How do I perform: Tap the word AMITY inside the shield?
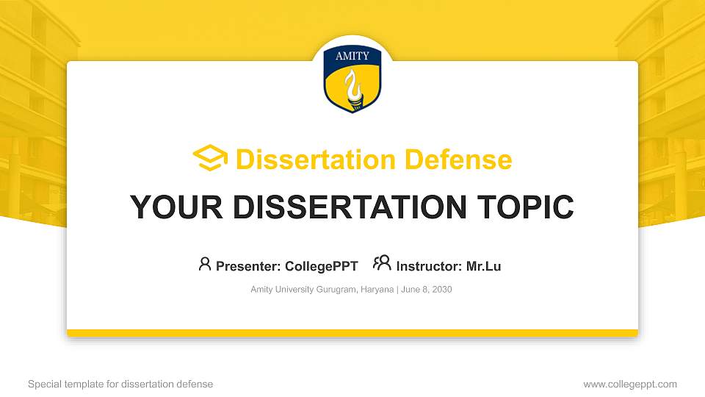pyautogui.click(x=352, y=56)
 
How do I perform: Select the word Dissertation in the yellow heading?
pyautogui.click(x=307, y=160)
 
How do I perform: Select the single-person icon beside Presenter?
pyautogui.click(x=205, y=264)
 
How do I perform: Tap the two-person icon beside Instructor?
pyautogui.click(x=382, y=263)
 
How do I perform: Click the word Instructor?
pyautogui.click(x=429, y=266)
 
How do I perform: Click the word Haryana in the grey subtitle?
pyautogui.click(x=377, y=290)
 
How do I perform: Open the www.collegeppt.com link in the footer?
pyautogui.click(x=630, y=384)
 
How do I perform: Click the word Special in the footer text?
pyautogui.click(x=43, y=384)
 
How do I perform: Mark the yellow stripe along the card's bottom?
pyautogui.click(x=352, y=333)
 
